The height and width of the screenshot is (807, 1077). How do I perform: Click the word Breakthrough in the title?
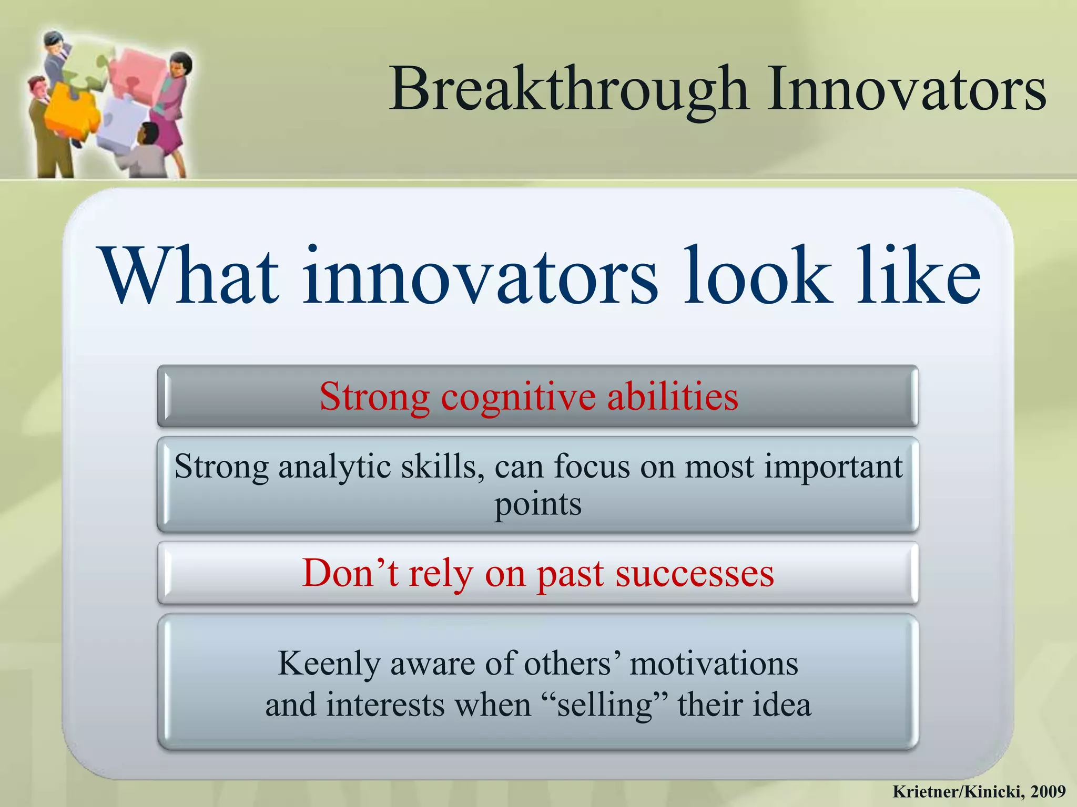click(x=568, y=90)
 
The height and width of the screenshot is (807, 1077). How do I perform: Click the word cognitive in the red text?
click(x=518, y=397)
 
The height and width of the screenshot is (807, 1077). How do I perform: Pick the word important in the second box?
click(x=833, y=466)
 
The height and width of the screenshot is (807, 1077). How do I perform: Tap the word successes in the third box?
click(x=695, y=574)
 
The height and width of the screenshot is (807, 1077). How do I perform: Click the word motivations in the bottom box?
click(x=714, y=663)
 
